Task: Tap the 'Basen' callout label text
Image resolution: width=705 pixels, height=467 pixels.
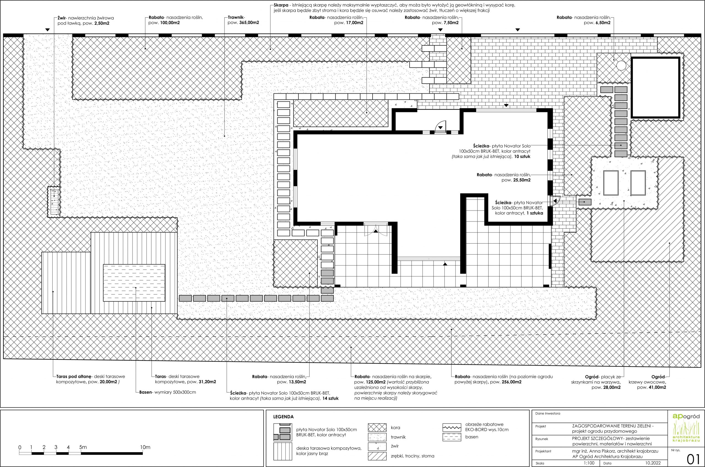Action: [x=146, y=392]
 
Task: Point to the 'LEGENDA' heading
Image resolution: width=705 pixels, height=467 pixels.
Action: [x=283, y=417]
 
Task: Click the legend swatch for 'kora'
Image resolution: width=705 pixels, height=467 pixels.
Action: [x=377, y=428]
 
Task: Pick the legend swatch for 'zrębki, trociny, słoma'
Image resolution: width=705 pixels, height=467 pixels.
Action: [x=377, y=456]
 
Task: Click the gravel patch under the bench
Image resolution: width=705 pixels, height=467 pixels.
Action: [x=54, y=201]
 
